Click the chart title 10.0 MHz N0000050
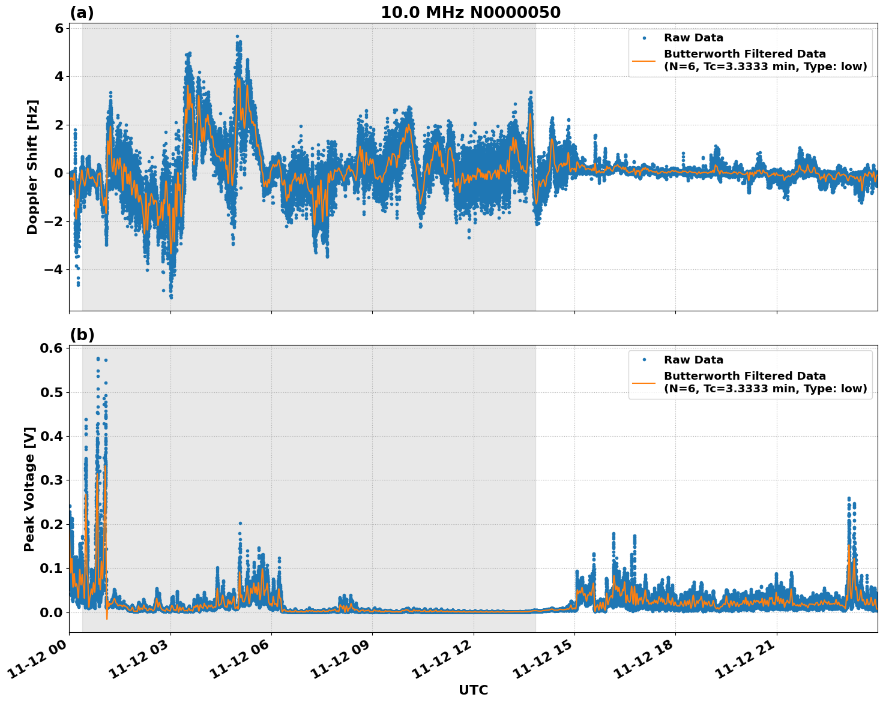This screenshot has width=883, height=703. coord(470,13)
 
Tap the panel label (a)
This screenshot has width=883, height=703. coord(82,13)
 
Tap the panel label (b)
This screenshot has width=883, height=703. coord(82,335)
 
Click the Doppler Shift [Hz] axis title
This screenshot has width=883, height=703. coord(32,167)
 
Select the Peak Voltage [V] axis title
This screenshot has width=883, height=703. coord(29,489)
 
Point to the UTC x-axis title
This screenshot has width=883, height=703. coord(473,690)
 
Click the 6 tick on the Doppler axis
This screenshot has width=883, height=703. coord(59,28)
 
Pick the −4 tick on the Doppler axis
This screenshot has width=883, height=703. coord(53,269)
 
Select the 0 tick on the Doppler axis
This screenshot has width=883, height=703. coord(59,173)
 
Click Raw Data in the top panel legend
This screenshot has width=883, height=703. coord(693,38)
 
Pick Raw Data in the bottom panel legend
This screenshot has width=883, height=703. coord(693,360)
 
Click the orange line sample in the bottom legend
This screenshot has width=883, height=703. coord(644,382)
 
